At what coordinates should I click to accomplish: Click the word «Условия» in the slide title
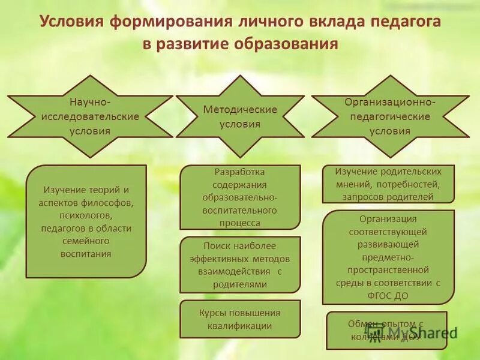tap(71, 22)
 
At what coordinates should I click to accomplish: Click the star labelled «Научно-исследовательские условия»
tap(89, 116)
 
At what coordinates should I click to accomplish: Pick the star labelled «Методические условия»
tap(240, 116)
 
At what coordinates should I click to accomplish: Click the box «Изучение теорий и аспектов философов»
tap(86, 221)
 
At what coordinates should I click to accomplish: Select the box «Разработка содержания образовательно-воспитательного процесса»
tap(240, 197)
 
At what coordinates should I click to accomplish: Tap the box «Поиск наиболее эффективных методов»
tap(240, 265)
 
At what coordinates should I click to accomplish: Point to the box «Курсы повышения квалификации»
tap(240, 319)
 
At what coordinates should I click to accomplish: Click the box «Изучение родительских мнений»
tap(389, 184)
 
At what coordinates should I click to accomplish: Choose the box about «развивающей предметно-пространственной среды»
tap(389, 257)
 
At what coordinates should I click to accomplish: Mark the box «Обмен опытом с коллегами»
tap(387, 330)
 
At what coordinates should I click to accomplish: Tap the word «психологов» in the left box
tap(86, 215)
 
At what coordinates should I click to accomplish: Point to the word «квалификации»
tap(240, 326)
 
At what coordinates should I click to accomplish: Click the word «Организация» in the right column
tap(388, 219)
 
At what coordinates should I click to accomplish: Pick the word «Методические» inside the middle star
tap(240, 110)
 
